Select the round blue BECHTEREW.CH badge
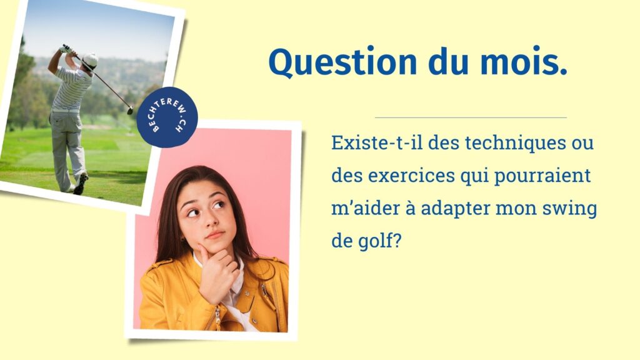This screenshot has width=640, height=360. (x=167, y=117)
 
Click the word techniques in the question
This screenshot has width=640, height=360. (x=514, y=142)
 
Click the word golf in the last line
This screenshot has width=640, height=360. (x=379, y=241)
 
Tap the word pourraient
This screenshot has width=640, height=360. (x=542, y=176)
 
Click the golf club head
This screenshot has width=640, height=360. (x=130, y=110)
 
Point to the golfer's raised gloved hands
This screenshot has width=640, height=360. (x=64, y=49)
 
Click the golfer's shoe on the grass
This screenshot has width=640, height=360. (x=81, y=184)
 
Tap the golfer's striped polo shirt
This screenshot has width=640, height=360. (x=72, y=89)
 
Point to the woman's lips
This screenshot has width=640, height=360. (x=215, y=235)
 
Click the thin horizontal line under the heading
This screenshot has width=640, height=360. (x=471, y=117)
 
